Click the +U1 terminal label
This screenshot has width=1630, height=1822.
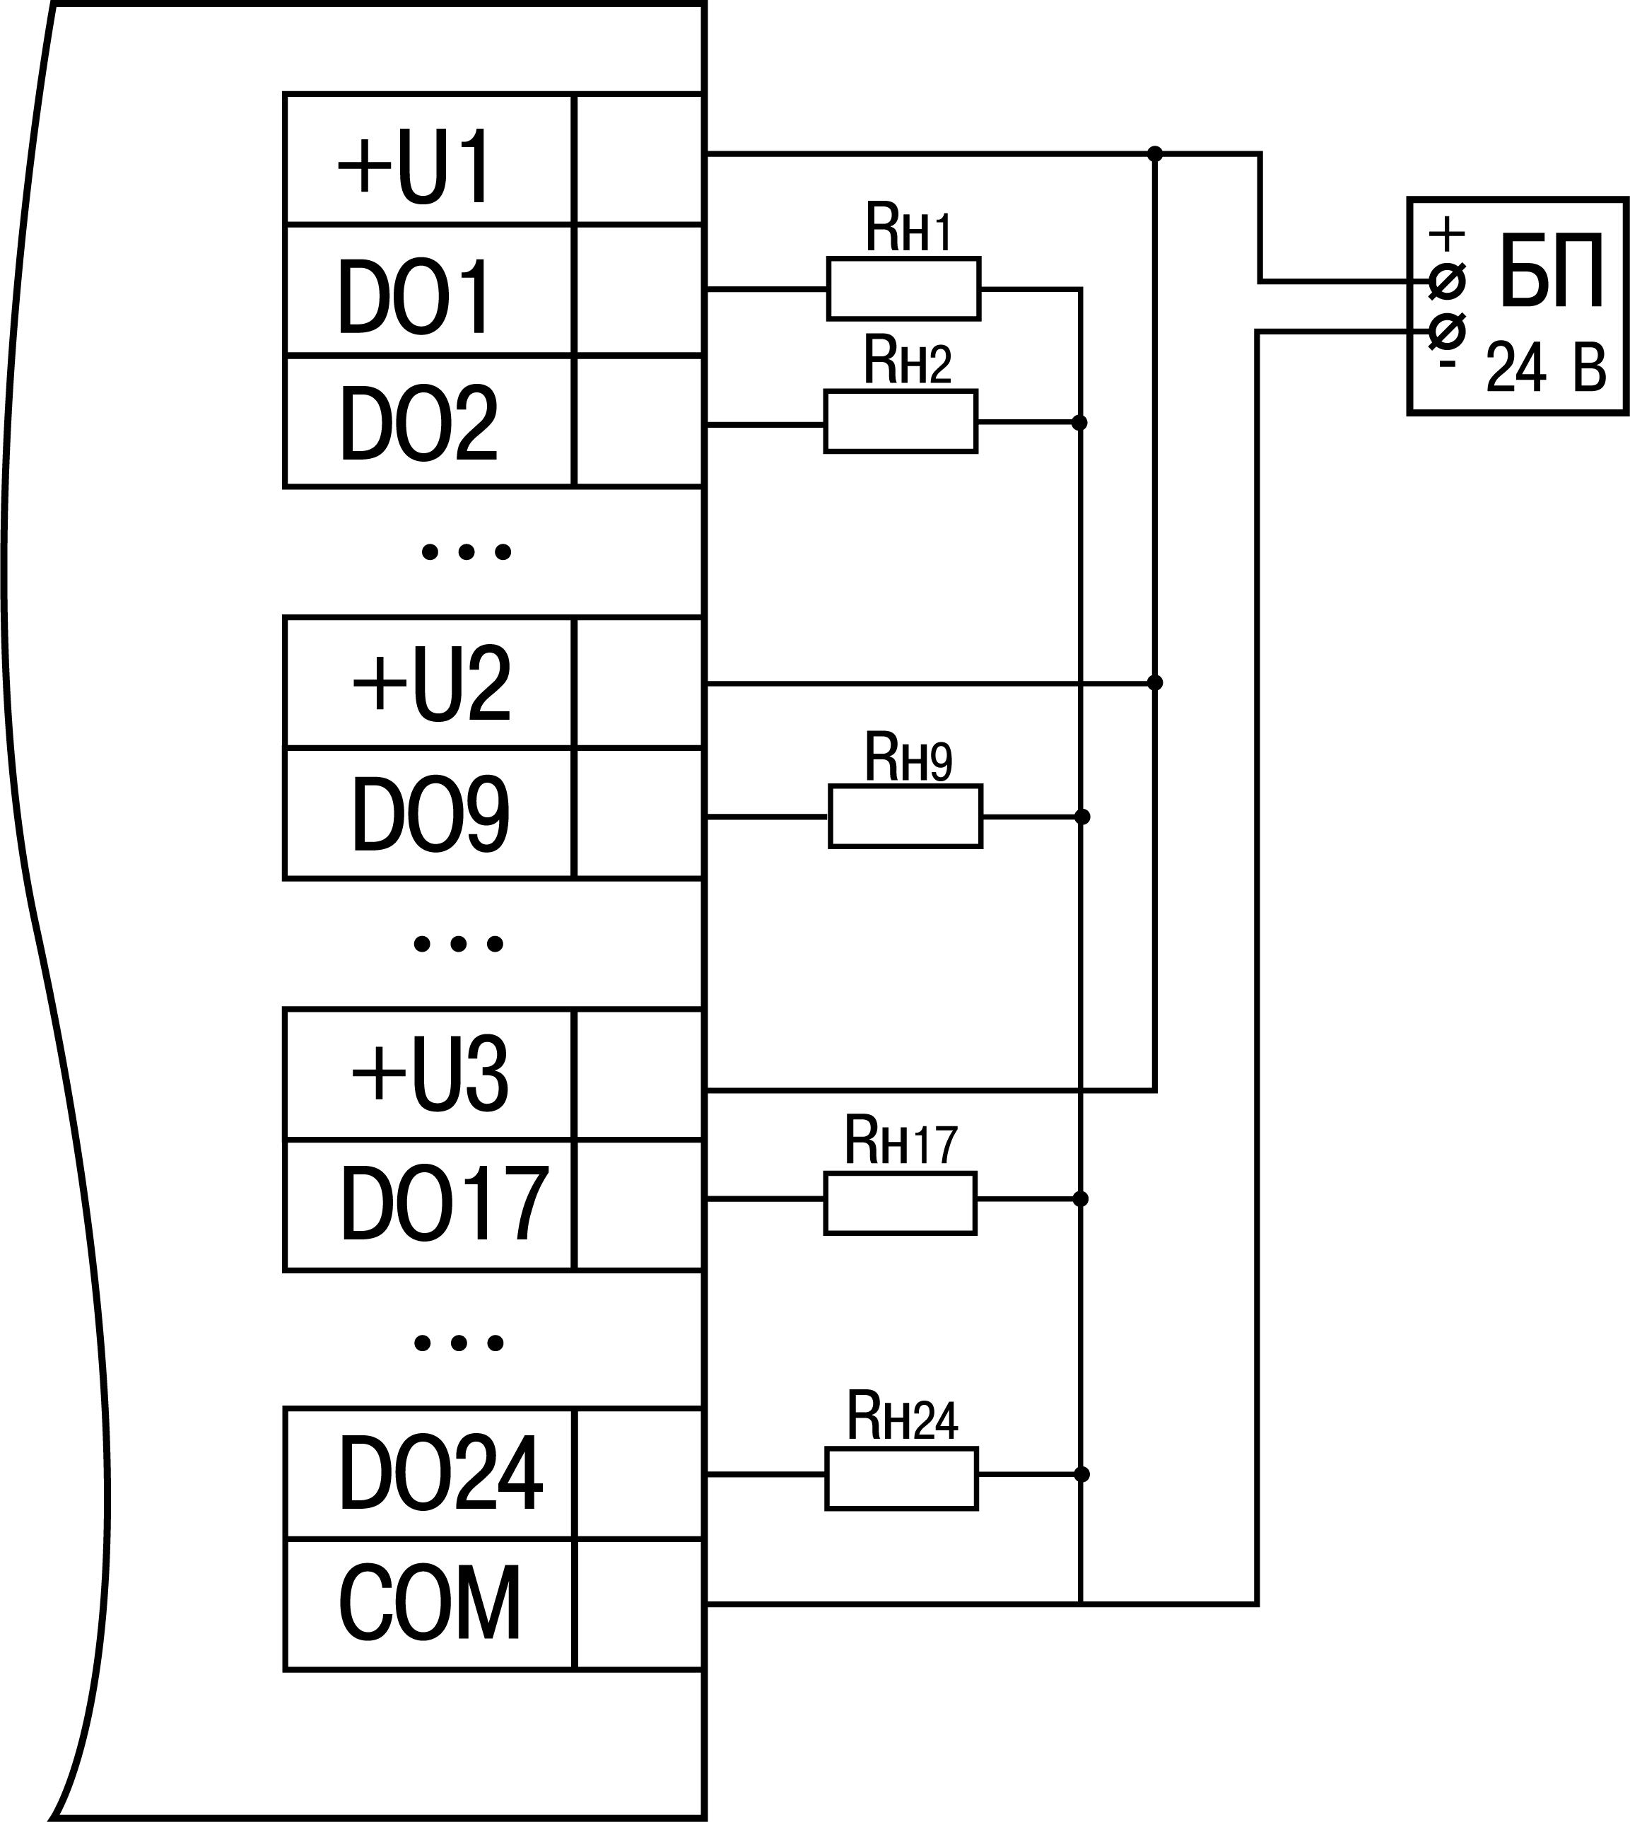[415, 167]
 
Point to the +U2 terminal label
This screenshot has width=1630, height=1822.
[432, 684]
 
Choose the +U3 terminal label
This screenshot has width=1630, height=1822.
[430, 1075]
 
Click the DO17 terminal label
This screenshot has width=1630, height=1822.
[444, 1204]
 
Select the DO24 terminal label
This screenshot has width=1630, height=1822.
[440, 1473]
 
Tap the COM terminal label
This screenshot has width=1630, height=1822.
[430, 1604]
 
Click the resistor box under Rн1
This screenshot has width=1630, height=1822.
[903, 288]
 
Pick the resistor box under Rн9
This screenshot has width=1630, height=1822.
[905, 816]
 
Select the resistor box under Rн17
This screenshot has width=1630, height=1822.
[900, 1203]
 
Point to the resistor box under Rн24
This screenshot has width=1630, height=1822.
[901, 1478]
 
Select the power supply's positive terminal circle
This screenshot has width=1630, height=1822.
[1448, 281]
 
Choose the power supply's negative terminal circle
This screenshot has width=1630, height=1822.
[1448, 332]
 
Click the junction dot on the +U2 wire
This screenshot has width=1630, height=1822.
[1155, 682]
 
